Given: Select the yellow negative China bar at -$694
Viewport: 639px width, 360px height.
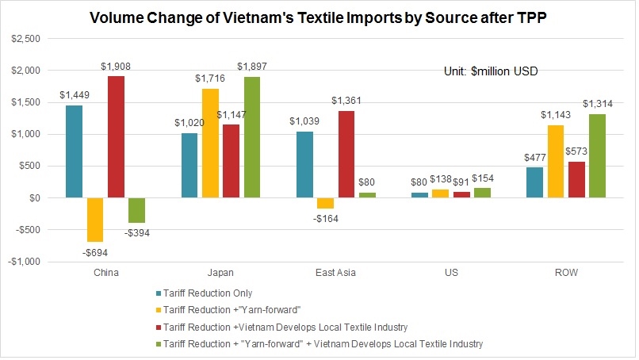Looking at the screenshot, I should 95,220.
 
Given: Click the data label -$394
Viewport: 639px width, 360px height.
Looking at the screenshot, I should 137,233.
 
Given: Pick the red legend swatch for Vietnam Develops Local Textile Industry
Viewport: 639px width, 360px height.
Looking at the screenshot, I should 160,327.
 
